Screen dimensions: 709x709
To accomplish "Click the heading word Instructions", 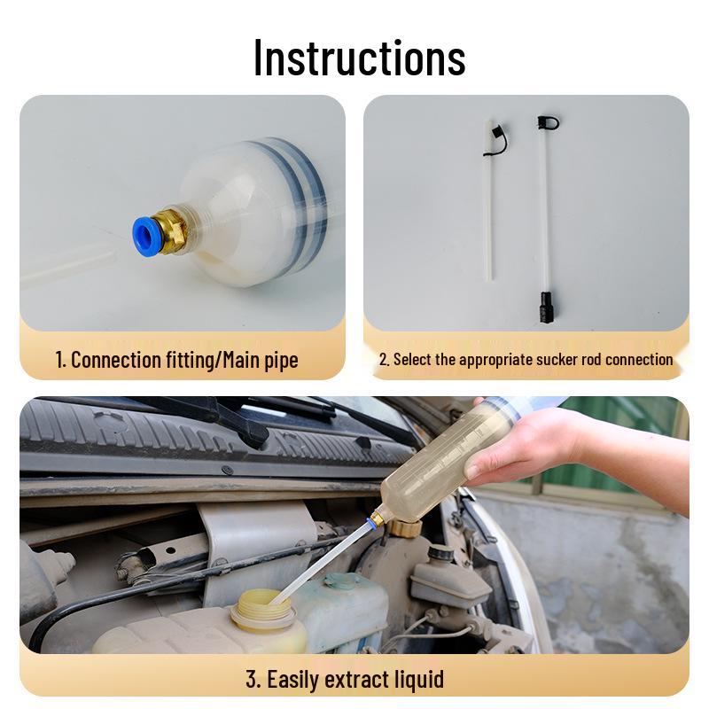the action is coord(360,58).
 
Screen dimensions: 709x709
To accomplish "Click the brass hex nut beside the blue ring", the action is coord(169,230).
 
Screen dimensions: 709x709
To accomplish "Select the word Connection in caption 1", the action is coord(116,360).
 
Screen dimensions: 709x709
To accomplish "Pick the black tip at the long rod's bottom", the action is coord(546,307).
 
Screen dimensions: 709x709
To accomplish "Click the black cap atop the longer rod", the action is coord(548,122).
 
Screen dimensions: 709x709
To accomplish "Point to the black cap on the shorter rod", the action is coord(496,139).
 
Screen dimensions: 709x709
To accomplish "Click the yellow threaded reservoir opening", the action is coord(263,609).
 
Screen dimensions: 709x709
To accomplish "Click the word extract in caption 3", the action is coord(351,679).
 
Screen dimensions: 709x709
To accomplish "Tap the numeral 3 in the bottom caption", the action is coord(252,679).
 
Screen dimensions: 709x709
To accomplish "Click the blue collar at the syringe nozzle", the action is coord(370,523).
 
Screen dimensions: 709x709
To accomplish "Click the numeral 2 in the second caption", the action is coord(383,360).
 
